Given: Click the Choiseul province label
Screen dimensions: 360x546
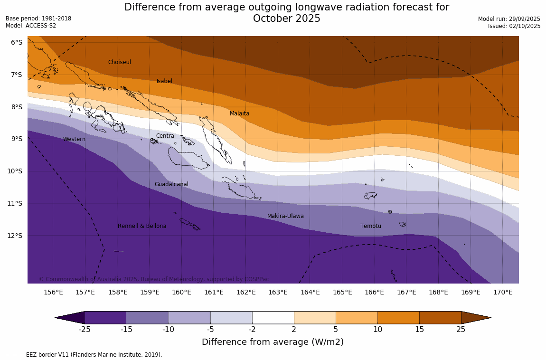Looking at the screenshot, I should coord(119,62).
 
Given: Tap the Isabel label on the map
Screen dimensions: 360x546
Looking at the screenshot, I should coord(164,81).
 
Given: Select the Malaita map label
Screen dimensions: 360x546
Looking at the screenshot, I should coord(239,114).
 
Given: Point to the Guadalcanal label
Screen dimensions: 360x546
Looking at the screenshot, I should coord(171,184).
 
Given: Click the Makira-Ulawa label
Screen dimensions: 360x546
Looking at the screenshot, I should coord(285,216).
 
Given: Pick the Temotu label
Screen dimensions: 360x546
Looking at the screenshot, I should coord(370,226).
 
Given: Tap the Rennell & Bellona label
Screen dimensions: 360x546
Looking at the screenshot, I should coord(142,226).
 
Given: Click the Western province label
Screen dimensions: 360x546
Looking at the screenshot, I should coord(74,139).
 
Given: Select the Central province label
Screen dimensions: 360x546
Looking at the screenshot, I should coord(166,136).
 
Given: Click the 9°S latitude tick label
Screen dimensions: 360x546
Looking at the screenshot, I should coord(17,139).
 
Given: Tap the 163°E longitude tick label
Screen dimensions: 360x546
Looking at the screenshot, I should coord(278,292).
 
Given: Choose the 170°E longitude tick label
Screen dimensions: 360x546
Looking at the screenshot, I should coord(503,292).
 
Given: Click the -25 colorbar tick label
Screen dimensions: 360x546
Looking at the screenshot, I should coord(85,330).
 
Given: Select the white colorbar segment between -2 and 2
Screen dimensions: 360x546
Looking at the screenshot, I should coord(273,317).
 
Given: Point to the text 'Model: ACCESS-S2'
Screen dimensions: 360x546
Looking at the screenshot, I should coord(31,26).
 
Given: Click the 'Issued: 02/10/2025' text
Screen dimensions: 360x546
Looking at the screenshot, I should coord(514,26).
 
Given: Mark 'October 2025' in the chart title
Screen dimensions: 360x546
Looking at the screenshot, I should coord(286,19).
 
